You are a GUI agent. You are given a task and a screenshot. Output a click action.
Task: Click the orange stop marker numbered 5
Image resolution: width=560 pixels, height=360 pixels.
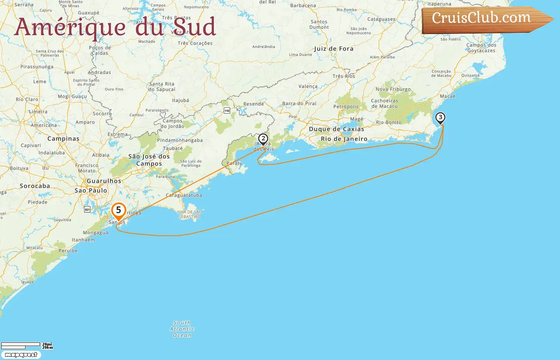click(x=118, y=210)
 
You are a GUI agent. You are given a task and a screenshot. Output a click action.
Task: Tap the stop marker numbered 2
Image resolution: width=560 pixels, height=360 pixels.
click(x=263, y=139)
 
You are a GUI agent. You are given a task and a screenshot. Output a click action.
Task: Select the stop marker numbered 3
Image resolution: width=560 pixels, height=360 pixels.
click(x=440, y=118)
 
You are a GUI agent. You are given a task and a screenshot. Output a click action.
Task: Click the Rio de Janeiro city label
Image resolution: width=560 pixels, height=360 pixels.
click(x=344, y=139)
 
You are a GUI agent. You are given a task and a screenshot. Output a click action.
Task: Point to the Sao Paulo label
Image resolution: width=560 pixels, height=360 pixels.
click(x=91, y=190)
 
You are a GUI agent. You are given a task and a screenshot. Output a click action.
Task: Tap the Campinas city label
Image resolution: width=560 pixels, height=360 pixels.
click(x=63, y=139)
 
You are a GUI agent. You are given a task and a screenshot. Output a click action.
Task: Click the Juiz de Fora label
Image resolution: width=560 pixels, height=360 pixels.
click(x=334, y=49)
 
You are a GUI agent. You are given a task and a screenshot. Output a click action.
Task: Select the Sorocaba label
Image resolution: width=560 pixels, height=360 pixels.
click(x=35, y=186)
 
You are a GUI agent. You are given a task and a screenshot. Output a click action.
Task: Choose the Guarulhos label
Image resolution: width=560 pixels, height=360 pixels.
click(x=104, y=181)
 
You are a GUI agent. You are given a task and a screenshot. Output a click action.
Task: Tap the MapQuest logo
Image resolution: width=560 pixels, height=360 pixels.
click(x=21, y=355)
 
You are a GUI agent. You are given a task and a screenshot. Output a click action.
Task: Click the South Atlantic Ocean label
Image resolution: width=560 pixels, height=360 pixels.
click(x=182, y=329)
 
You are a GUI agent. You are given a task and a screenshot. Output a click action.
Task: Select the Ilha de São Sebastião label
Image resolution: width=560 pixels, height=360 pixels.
click(x=190, y=214)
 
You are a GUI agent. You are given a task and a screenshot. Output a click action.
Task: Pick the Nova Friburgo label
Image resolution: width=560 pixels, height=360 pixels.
click(x=393, y=89)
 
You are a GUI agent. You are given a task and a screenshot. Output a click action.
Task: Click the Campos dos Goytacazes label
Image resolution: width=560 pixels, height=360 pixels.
click(x=481, y=48)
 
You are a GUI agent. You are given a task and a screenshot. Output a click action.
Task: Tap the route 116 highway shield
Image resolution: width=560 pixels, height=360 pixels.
click(x=227, y=110)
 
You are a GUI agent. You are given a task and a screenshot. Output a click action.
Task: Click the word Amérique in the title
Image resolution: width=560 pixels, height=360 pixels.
click(x=70, y=27)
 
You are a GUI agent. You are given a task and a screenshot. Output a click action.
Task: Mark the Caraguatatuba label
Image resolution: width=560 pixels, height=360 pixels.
click(x=184, y=195)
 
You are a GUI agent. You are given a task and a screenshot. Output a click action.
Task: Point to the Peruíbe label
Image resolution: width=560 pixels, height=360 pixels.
click(x=68, y=251)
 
